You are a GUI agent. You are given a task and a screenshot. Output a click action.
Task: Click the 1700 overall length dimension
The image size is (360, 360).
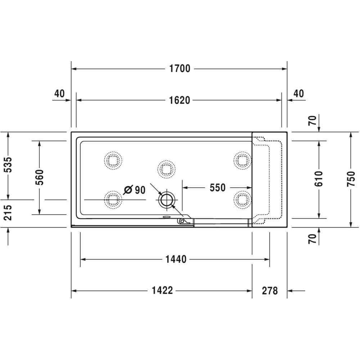click(180, 69)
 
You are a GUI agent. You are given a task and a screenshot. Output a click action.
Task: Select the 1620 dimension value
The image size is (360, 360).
click(180, 100)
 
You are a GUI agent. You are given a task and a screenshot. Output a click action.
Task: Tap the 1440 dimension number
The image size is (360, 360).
click(176, 260)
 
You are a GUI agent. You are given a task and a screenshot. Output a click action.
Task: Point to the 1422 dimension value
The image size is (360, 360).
click(162, 291)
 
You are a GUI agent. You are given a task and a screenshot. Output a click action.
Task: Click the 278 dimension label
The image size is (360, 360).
click(270, 291)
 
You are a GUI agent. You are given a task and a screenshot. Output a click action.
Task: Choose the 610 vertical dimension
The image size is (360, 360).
click(319, 179)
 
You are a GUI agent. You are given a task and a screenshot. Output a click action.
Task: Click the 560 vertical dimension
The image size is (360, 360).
click(40, 177)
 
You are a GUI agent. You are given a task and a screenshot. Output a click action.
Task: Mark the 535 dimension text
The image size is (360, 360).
click(8, 165)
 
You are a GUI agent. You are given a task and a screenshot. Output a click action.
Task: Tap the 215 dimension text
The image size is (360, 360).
click(8, 213)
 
